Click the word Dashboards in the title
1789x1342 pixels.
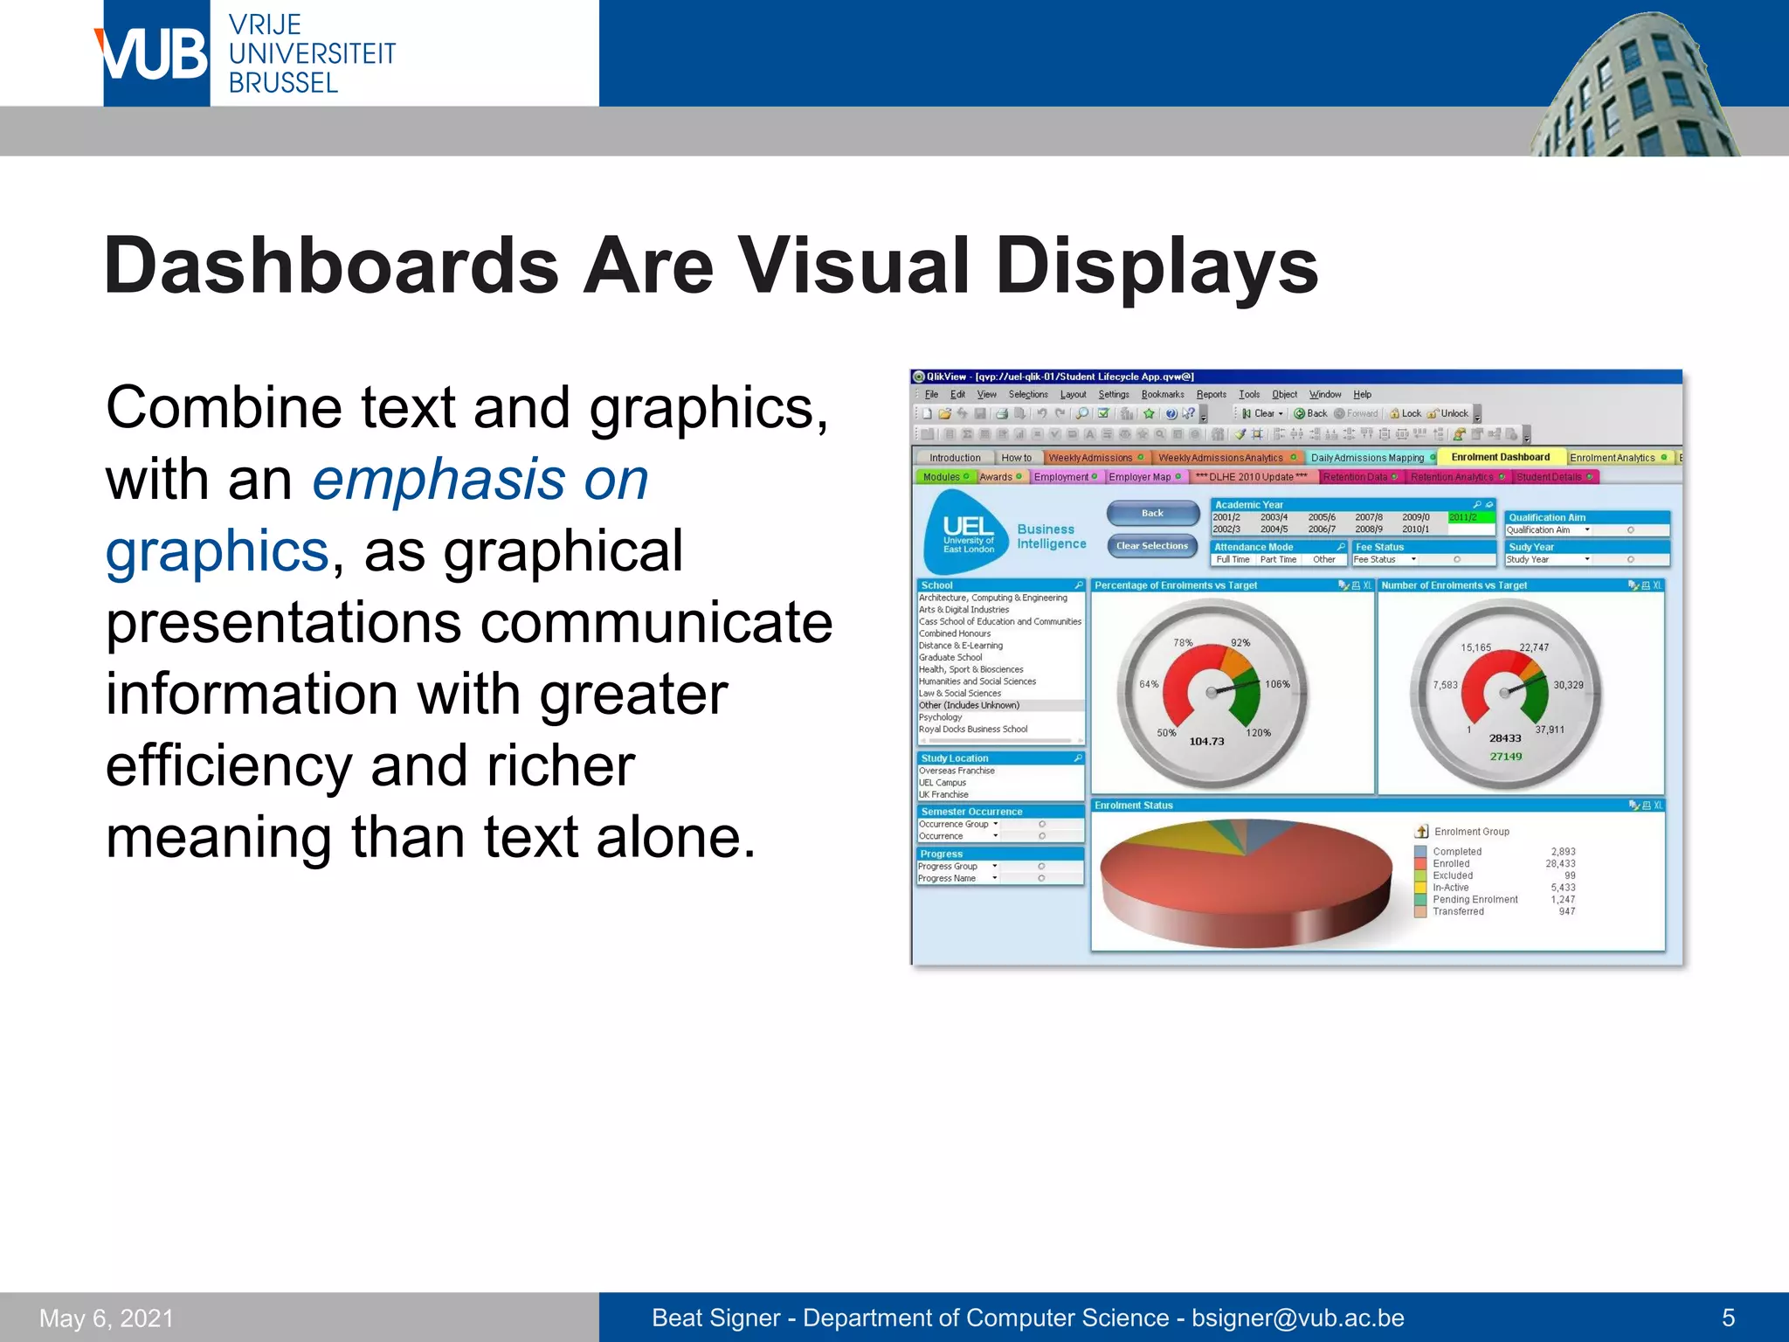[x=331, y=266]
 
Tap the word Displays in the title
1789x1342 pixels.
[x=1157, y=266]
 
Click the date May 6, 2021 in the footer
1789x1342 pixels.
[x=107, y=1318]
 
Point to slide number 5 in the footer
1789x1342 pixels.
[x=1727, y=1318]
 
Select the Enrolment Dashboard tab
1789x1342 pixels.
[x=1500, y=457]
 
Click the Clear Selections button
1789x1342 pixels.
[x=1152, y=546]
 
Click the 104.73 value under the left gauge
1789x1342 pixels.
[x=1206, y=741]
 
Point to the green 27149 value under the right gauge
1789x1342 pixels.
[x=1505, y=757]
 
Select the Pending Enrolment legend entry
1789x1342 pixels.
[x=1475, y=899]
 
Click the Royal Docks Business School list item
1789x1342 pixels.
[x=973, y=729]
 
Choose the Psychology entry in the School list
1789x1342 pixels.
[x=940, y=717]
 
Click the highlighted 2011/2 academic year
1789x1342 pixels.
[x=1463, y=517]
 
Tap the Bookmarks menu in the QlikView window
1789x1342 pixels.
[x=1162, y=394]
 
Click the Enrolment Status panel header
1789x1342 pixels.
[x=1134, y=806]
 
